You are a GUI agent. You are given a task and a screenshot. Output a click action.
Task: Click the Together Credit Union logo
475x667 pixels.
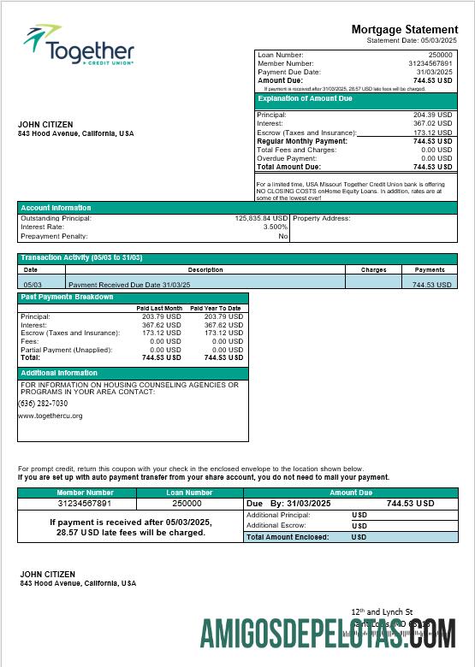(79, 46)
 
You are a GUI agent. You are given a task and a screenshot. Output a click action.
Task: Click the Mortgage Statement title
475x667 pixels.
(404, 29)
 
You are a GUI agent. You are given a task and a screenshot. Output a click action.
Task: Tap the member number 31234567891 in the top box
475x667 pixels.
(430, 63)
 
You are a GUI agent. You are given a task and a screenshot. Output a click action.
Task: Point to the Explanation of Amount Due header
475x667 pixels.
(306, 99)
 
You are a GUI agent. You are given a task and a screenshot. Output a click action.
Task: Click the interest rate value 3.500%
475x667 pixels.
(275, 227)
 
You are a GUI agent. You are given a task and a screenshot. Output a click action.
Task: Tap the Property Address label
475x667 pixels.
(321, 218)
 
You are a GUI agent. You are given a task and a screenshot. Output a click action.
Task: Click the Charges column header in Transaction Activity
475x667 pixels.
(373, 269)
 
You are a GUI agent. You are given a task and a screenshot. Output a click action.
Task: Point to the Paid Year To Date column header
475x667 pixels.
(215, 308)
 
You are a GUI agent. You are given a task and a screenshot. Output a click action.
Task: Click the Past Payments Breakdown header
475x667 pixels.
(67, 297)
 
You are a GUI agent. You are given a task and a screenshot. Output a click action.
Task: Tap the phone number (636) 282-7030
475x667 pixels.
(44, 404)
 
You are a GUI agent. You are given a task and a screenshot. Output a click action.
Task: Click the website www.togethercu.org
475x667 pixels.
(50, 416)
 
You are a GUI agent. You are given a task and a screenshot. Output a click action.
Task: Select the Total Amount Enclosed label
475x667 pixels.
(288, 537)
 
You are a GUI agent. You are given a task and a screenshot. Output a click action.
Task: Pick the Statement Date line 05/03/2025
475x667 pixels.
(412, 40)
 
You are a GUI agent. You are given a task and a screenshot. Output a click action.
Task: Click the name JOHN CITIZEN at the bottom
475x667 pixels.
(48, 574)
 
